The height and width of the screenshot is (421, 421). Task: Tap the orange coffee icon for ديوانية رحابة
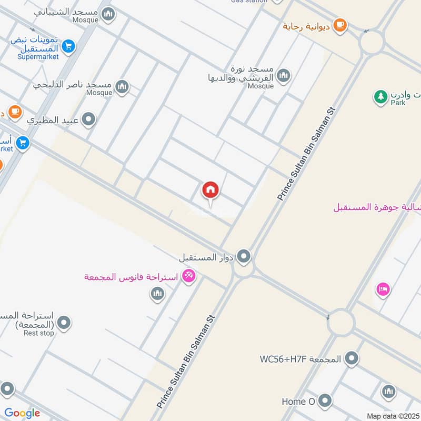click(x=340, y=25)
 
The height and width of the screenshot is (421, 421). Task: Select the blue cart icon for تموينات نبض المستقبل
click(x=68, y=47)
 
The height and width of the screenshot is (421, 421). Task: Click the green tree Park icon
click(x=380, y=96)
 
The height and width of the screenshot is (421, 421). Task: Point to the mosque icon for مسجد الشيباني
click(x=108, y=14)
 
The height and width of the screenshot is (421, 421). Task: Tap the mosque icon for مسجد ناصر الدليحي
click(x=122, y=86)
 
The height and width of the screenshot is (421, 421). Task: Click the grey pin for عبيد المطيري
click(x=89, y=120)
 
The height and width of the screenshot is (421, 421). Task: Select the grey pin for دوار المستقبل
click(x=244, y=257)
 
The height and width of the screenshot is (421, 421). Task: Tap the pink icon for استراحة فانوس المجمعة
click(x=188, y=275)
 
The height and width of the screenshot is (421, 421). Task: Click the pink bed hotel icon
click(x=383, y=289)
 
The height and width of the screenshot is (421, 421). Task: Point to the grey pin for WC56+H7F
click(x=352, y=359)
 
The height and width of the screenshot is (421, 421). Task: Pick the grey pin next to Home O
click(x=325, y=401)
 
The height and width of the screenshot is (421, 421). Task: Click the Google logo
click(x=22, y=413)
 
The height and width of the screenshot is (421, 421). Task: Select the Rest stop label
click(x=39, y=333)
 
